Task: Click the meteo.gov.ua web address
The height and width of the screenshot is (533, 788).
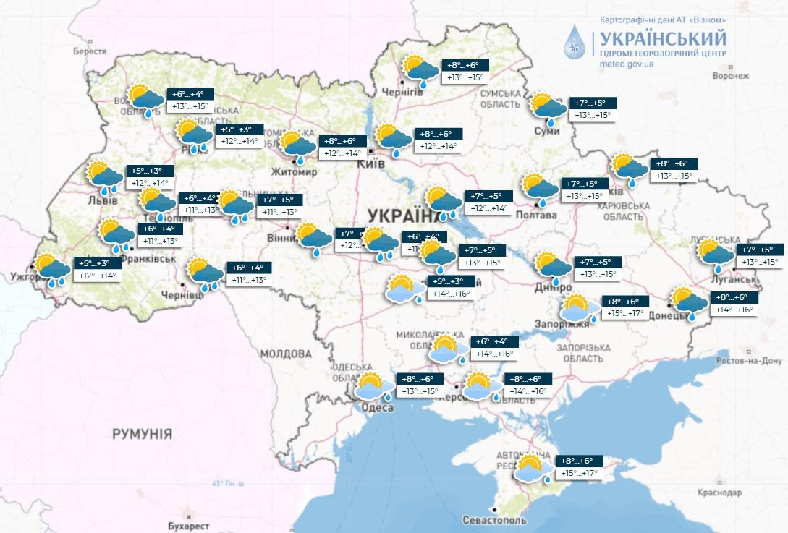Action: click(x=627, y=64)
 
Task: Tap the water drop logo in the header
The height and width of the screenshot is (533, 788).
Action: click(x=576, y=42)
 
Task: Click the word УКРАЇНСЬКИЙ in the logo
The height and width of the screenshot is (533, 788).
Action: click(x=659, y=37)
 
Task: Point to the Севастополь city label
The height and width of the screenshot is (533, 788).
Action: click(x=496, y=520)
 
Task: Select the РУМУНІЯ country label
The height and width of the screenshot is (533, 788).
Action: click(x=142, y=434)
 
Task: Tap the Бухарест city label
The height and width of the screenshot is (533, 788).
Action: click(x=187, y=525)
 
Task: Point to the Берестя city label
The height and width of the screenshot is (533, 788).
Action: click(x=90, y=52)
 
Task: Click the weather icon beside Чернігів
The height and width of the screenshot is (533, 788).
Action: click(x=421, y=70)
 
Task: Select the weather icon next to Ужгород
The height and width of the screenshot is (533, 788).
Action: click(x=53, y=269)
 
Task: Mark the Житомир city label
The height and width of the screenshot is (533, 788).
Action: click(x=293, y=172)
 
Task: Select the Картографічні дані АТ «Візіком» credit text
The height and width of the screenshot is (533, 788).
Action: click(x=663, y=18)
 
